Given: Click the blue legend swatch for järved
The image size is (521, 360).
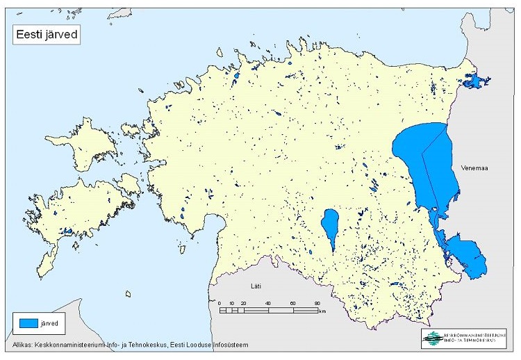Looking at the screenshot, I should (x=28, y=323).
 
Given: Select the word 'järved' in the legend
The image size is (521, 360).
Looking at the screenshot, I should (x=55, y=323).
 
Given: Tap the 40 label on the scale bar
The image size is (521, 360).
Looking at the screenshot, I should (x=268, y=304).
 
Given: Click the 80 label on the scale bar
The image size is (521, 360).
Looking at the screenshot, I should (x=317, y=304).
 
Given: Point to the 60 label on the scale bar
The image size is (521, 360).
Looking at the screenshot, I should (x=292, y=304).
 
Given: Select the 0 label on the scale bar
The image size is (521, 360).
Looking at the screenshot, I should (x=220, y=304).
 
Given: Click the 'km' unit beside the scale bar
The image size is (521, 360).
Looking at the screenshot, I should (x=323, y=311).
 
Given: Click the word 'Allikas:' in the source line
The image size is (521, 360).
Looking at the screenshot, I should (x=26, y=345).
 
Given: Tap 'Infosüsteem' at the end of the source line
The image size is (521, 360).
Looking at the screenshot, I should (x=225, y=345).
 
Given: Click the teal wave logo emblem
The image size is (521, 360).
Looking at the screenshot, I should (x=432, y=338).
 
